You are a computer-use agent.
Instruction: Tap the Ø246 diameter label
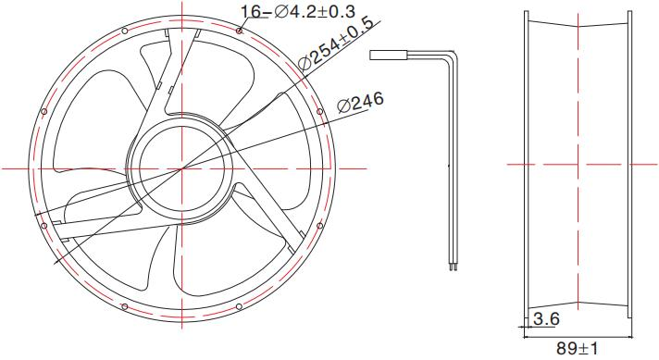360,103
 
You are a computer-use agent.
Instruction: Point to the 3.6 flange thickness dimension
546,319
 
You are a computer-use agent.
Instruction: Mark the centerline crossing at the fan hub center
182,168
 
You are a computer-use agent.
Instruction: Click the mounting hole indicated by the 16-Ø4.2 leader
239,31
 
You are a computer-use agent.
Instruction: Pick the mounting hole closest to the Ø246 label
320,113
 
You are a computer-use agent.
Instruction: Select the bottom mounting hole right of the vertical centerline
239,305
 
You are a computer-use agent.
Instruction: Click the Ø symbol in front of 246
344,106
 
